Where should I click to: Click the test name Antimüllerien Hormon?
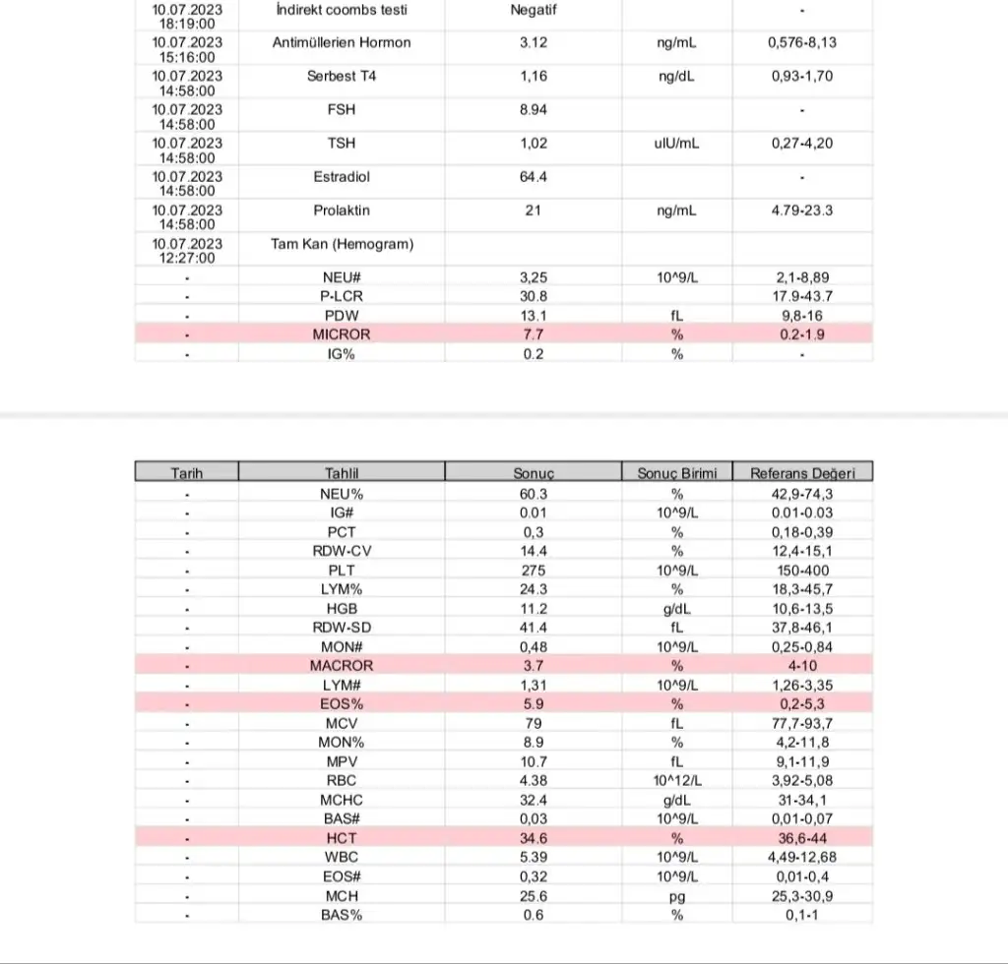click(x=342, y=42)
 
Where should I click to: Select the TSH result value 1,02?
click(x=533, y=143)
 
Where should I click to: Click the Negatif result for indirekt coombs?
click(x=533, y=9)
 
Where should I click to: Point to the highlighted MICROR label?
click(x=342, y=334)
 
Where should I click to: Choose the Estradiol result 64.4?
click(x=533, y=177)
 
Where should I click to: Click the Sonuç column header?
click(x=533, y=472)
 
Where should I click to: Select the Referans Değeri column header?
click(x=802, y=472)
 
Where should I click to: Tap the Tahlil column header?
click(x=342, y=472)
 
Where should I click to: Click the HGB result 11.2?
click(x=533, y=609)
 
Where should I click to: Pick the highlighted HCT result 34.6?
click(x=533, y=838)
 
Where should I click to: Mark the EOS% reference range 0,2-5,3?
click(x=802, y=704)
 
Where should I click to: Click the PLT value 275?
click(x=533, y=571)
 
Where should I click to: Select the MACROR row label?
click(x=342, y=666)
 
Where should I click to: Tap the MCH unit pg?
click(x=676, y=895)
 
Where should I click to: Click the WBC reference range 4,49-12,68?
click(x=802, y=857)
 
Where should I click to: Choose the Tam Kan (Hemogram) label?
click(x=342, y=244)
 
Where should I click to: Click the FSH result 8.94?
click(x=533, y=109)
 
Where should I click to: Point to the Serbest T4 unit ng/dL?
click(x=676, y=76)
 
